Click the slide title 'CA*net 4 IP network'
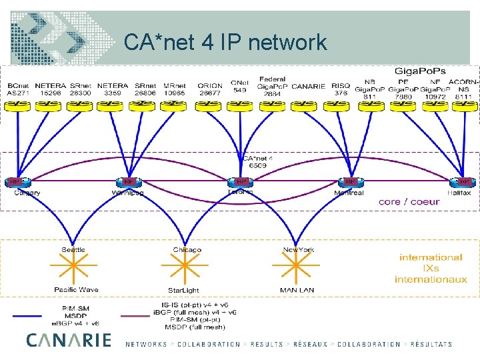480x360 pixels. [x=225, y=43]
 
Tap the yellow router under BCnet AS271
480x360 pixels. [x=18, y=105]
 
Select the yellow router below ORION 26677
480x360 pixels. [x=209, y=105]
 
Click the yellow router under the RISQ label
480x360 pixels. [x=340, y=105]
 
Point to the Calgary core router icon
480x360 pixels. [x=15, y=181]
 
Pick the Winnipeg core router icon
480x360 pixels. [x=127, y=181]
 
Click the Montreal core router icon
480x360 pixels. [x=349, y=181]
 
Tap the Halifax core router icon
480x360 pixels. [x=465, y=181]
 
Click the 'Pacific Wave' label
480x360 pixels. [x=76, y=290]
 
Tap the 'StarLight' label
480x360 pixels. [x=183, y=291]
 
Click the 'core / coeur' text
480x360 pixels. [x=409, y=201]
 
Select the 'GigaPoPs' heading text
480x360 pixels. [x=420, y=70]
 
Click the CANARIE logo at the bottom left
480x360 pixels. [x=69, y=340]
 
